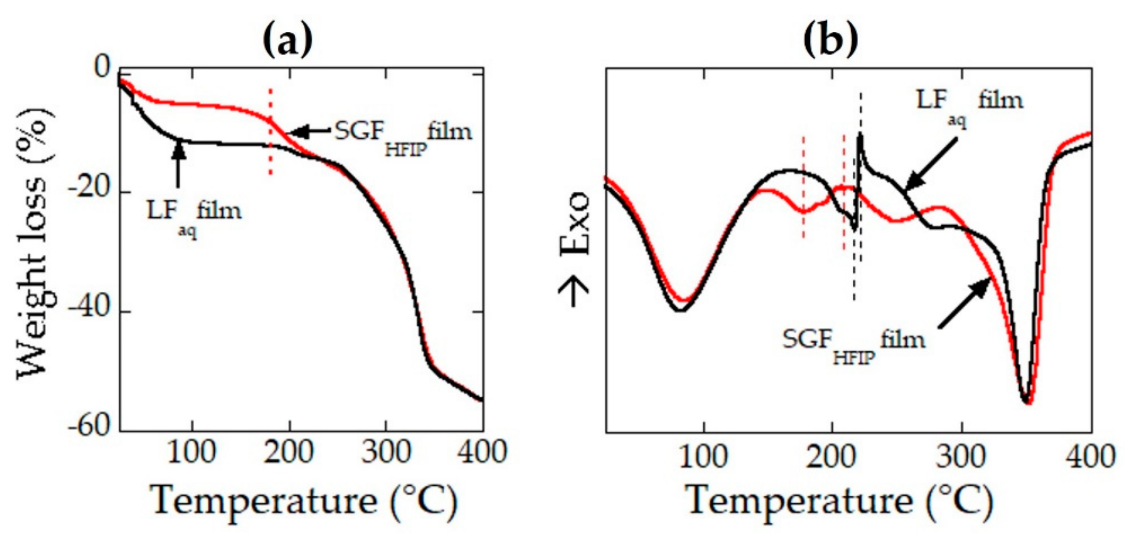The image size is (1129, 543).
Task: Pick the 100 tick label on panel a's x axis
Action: [192, 453]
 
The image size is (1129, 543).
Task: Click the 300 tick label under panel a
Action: [386, 453]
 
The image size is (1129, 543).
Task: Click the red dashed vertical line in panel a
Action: [270, 132]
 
